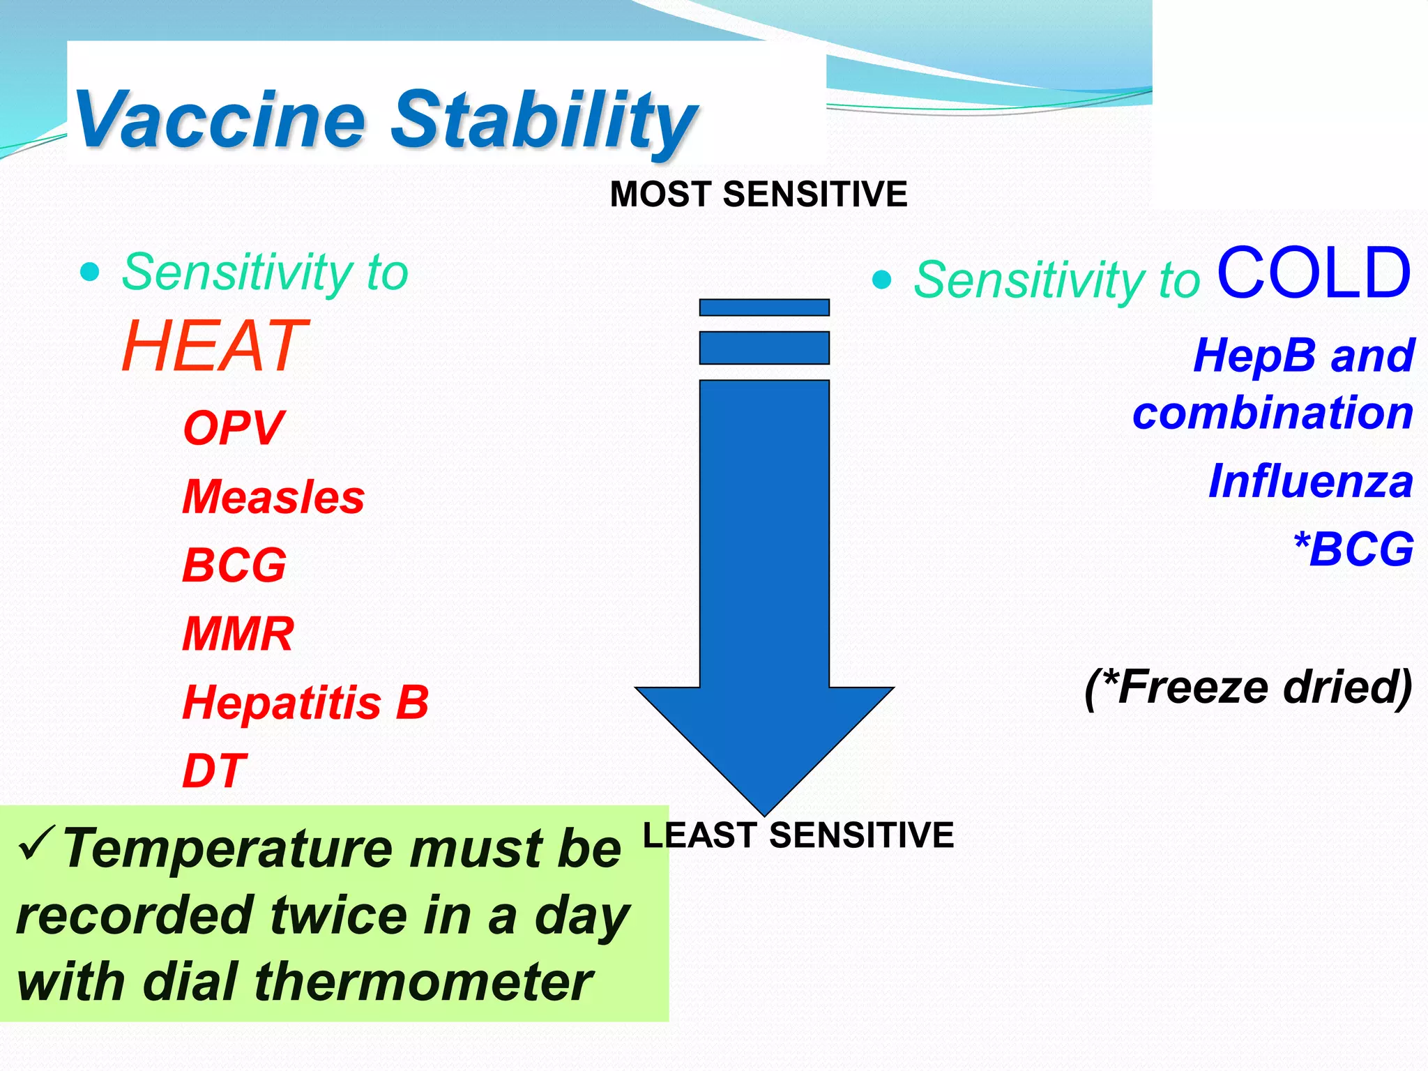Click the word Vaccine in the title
coord(220,120)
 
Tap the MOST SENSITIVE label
coord(759,194)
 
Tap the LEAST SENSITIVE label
coord(798,835)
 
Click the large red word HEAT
coord(213,346)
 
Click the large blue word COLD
coord(1314,273)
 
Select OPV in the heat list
coord(233,428)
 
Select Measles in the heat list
coord(273,497)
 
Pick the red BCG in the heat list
coord(234,565)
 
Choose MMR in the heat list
coord(238,634)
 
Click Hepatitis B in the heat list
coord(305,702)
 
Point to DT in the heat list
coord(214,770)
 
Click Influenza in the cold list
coord(1310,481)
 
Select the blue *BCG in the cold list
coord(1353,549)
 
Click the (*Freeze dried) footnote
coord(1248,688)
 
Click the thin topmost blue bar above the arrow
coord(764,307)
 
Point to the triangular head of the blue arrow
coord(764,739)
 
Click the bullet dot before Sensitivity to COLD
coord(882,280)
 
